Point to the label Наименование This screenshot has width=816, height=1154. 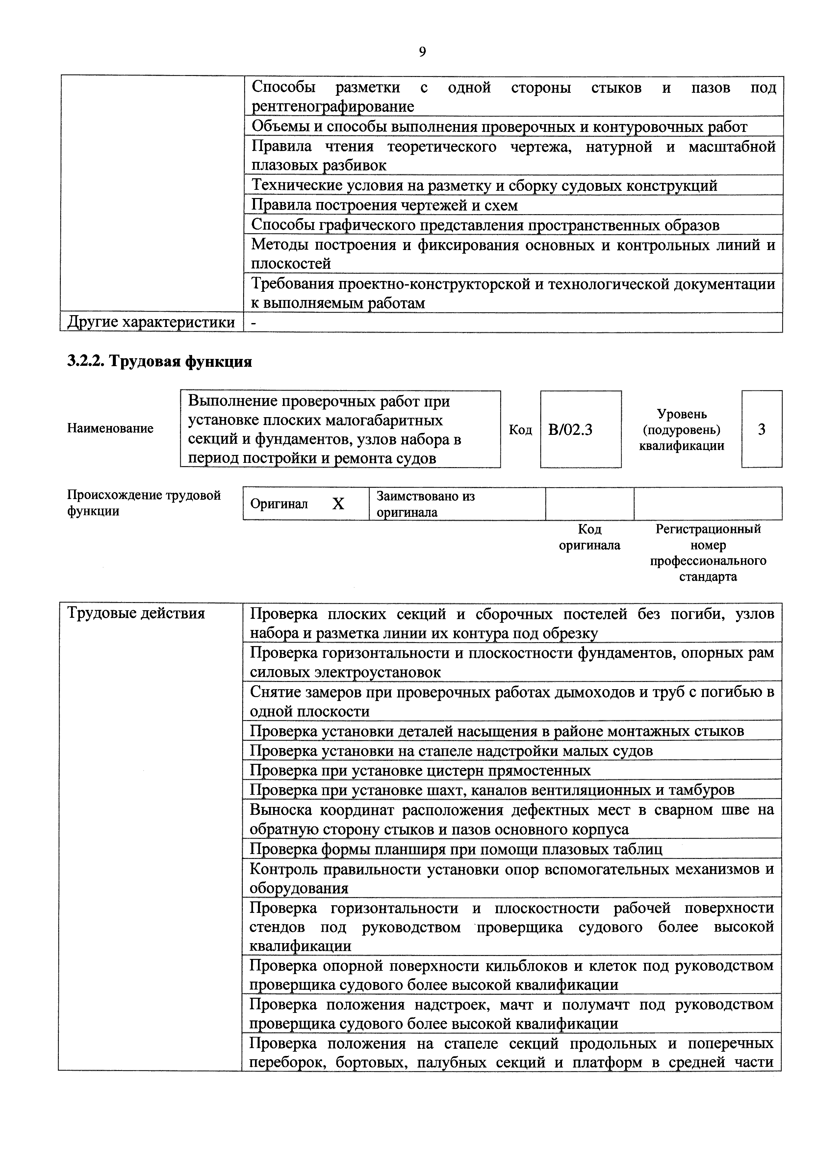tap(110, 429)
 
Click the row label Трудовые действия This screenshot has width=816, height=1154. tap(136, 613)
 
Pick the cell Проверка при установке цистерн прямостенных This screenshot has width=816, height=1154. tap(420, 770)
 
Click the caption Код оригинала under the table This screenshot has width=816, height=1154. tap(589, 537)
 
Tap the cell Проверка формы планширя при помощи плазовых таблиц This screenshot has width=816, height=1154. tap(456, 849)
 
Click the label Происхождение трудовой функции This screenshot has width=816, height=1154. tap(144, 503)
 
